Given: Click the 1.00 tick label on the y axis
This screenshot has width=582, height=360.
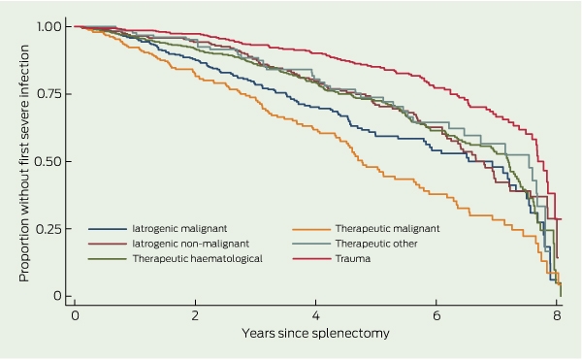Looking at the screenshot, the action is pos(49,26).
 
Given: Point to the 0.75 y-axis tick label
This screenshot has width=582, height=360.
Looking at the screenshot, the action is pos(49,94).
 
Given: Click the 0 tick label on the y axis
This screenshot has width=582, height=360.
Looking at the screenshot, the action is pos(57,296).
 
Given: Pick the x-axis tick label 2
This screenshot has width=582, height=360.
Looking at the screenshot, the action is pos(195,315).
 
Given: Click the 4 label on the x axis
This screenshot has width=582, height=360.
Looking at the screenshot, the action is pos(315,315).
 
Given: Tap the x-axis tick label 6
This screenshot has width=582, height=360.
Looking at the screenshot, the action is pos(436,315).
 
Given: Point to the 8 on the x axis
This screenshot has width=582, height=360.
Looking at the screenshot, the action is pos(557,315).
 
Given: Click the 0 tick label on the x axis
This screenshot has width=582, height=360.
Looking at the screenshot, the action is pos(75,315).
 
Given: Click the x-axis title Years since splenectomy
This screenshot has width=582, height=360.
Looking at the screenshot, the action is pos(315,333).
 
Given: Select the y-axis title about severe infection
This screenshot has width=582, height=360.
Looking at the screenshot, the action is pos(23,163).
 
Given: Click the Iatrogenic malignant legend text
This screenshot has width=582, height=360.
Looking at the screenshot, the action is pos(179,229).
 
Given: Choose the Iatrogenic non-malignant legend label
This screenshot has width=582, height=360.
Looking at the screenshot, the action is pos(191,244).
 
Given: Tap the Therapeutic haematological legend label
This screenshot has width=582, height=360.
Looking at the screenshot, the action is pos(198,259).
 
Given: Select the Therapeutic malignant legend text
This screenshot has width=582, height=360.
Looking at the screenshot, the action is pos(387,229).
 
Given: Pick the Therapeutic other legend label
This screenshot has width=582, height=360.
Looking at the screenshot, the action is pos(376,244).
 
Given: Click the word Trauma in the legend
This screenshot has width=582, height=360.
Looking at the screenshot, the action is pos(353,259).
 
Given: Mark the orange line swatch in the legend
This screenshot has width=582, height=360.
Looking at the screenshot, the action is pos(311,229).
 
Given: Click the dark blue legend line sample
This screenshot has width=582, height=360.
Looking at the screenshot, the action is pos(108,229).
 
